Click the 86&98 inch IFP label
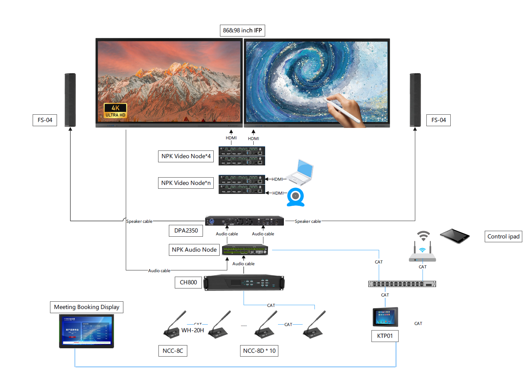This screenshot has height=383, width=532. click(242, 31)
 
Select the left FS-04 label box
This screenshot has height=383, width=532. click(45, 120)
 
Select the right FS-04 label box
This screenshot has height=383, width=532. click(438, 120)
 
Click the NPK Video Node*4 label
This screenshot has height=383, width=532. click(186, 156)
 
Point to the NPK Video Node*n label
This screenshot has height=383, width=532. click(186, 183)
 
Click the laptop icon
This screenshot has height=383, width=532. click(301, 172)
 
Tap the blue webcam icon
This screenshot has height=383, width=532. click(296, 197)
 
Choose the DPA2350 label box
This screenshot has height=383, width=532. click(186, 231)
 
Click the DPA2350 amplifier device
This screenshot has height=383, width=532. click(244, 221)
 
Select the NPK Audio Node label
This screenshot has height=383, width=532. click(194, 250)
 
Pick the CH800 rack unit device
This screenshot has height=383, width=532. click(244, 283)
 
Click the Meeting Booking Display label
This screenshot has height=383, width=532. click(87, 307)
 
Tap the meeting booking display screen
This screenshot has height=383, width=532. click(87, 331)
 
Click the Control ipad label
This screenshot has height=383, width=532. click(503, 237)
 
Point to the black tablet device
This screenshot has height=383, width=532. click(455, 236)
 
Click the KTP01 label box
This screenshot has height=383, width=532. click(385, 336)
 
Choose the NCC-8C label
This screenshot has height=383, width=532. click(173, 351)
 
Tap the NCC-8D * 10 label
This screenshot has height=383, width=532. click(259, 351)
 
